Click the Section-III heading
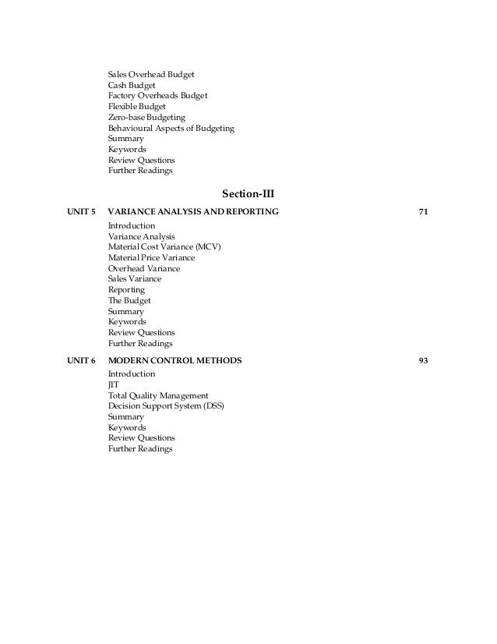pos(248,193)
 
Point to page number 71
pos(424,212)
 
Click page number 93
pos(424,361)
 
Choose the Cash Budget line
pos(132,85)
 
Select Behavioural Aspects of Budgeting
pos(171,128)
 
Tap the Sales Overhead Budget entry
pos(151,74)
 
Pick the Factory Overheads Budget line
pos(157,96)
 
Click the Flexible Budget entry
pos(136,106)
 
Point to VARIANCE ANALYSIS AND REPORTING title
pos(193,212)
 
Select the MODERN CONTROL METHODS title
pos(174,361)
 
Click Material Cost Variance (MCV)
pos(164,246)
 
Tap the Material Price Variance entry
pos(151,257)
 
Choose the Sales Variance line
pos(135,278)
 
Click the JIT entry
pos(114,385)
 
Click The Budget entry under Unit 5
pos(129,300)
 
